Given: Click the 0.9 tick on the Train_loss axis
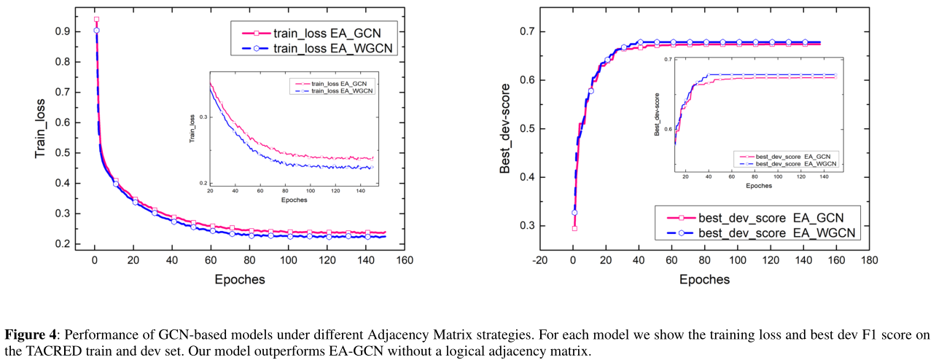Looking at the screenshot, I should (63, 31).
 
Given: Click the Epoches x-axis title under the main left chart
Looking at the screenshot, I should (240, 279).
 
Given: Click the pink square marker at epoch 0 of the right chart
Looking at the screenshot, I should (574, 228).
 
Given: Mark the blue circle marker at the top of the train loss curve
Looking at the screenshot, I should (96, 31).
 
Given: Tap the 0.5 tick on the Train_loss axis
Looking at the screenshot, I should (63, 152).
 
